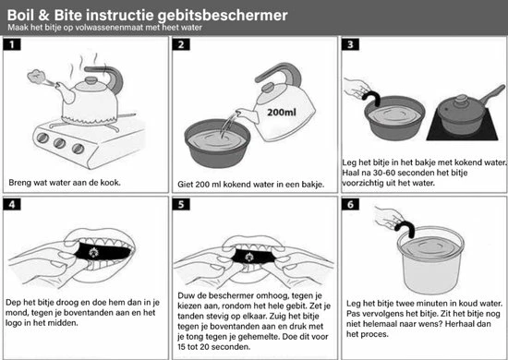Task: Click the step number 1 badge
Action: point(12,44)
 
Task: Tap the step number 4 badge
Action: point(12,204)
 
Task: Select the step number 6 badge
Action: point(350,204)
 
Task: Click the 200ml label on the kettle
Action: point(281,113)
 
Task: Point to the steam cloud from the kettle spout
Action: point(36,76)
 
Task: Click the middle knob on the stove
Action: point(60,143)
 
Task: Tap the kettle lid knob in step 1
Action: point(91,80)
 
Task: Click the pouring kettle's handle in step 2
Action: point(279,74)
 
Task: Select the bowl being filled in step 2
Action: point(217,143)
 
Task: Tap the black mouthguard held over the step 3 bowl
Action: point(371,98)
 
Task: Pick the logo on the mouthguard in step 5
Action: point(249,257)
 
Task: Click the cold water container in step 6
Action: point(430,260)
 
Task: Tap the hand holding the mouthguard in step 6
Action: point(388,217)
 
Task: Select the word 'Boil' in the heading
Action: point(20,15)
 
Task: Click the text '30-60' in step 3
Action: point(384,173)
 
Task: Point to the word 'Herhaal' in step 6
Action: point(461,324)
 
